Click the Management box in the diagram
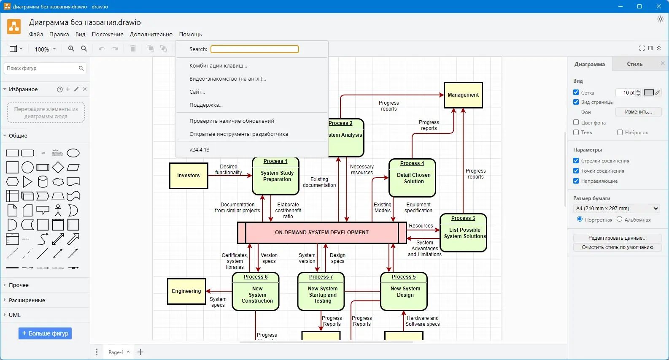[x=463, y=95]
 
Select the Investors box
[x=189, y=176]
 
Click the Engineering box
[x=186, y=291]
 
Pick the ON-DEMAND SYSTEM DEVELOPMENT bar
[x=321, y=233]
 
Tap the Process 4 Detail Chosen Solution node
[x=412, y=178]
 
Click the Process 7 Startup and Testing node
[x=321, y=292]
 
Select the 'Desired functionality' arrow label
[x=229, y=170]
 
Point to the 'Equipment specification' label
[x=418, y=208]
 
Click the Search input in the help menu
[x=255, y=49]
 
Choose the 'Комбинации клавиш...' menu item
[x=218, y=66]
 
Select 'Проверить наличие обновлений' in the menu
[x=232, y=121]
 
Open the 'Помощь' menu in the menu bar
[x=190, y=35]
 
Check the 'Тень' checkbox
[x=576, y=133]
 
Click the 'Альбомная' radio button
[x=619, y=219]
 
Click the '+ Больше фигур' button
[x=45, y=333]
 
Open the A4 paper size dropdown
[x=617, y=208]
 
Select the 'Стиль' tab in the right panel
[x=634, y=64]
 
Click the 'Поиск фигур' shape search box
[x=41, y=68]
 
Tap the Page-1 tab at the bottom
[x=116, y=352]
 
